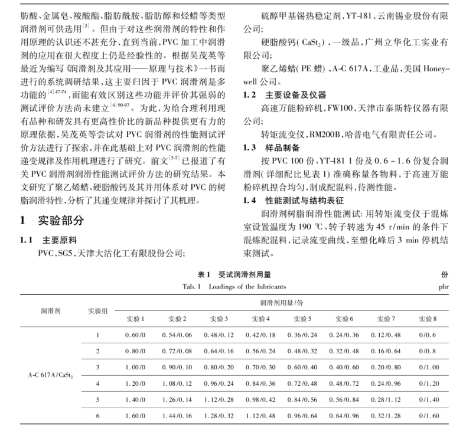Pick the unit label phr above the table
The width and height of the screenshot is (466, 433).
[446, 287]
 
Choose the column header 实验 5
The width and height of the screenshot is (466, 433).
[302, 319]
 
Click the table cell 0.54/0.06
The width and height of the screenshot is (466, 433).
[176, 334]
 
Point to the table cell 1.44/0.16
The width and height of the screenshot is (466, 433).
[176, 416]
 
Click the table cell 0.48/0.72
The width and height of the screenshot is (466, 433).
[344, 383]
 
